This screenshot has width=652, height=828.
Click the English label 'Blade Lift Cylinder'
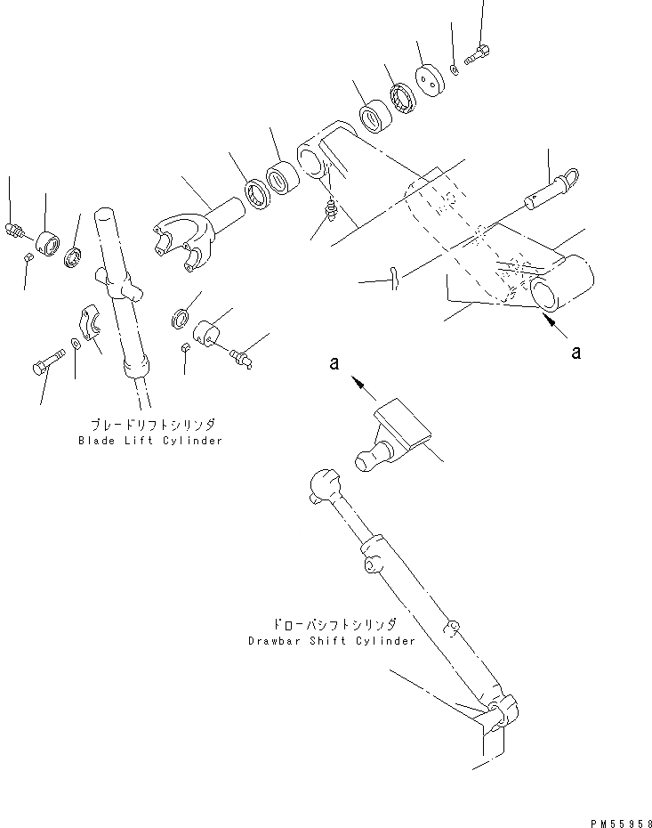[x=150, y=441]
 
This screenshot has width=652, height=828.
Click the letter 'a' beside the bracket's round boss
[x=576, y=353]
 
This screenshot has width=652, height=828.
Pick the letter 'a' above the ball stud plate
[x=335, y=363]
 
